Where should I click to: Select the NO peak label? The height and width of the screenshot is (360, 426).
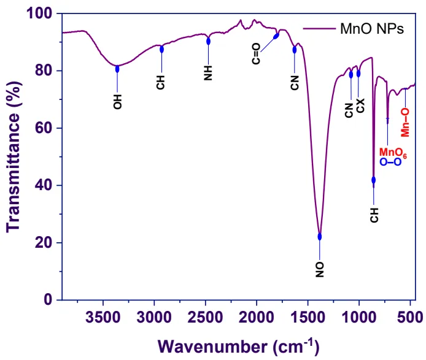pos(319,268)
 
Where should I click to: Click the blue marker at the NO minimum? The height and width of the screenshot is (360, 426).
pos(319,237)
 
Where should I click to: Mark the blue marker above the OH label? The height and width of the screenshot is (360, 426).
pos(117,69)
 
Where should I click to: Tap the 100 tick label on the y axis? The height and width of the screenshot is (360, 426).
pos(43,13)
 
